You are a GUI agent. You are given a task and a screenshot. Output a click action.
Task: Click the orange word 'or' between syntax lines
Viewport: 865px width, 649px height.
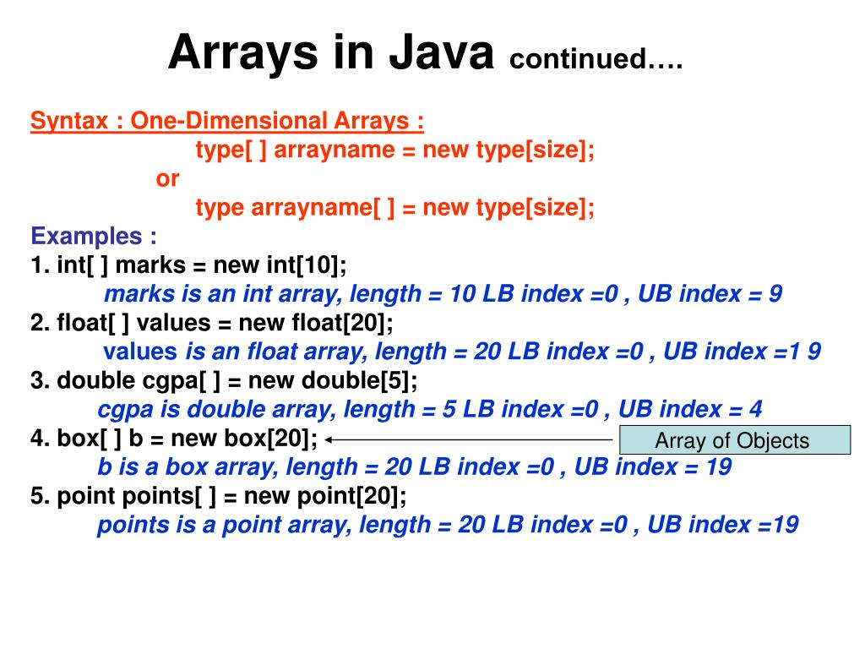167,178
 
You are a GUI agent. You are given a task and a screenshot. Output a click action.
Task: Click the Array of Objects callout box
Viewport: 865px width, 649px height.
734,440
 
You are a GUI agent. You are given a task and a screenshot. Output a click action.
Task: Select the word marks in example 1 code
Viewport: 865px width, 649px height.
150,265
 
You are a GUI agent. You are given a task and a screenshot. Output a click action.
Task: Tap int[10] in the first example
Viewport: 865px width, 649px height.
307,265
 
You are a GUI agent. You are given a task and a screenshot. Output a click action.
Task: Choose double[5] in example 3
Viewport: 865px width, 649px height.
372,380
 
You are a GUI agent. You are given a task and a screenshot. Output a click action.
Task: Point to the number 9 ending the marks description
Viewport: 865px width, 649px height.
775,294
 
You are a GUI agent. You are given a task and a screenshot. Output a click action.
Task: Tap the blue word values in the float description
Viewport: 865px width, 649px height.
140,352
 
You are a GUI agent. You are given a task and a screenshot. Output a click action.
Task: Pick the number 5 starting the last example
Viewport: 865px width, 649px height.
37,496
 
